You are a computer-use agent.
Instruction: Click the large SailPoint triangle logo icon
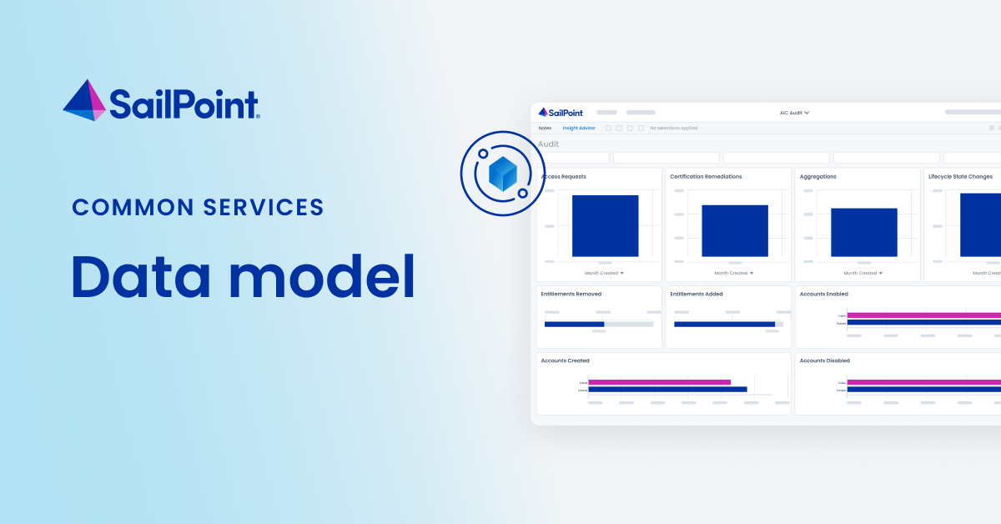tap(84, 100)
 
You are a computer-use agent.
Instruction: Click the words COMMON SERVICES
tap(198, 207)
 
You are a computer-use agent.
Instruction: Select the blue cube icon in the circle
tap(502, 174)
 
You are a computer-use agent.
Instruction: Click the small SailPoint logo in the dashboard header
tap(561, 113)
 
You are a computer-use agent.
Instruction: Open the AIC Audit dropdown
tap(794, 113)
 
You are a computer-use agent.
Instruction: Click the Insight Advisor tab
tap(579, 128)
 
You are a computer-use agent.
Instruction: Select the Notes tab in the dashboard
tap(545, 128)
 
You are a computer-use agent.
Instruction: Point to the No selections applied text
tap(673, 128)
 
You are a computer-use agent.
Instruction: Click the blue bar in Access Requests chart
tap(605, 225)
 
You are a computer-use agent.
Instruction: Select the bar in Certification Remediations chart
tap(734, 230)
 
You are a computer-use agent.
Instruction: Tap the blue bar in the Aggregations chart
tap(863, 232)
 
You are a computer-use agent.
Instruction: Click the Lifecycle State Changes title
tap(960, 177)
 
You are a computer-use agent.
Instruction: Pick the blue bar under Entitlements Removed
tap(574, 324)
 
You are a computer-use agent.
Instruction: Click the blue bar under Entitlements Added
tap(723, 324)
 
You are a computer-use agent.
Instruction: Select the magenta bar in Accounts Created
tap(659, 382)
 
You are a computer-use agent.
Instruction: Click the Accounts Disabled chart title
tap(824, 360)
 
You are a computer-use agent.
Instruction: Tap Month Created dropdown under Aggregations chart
tap(863, 273)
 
